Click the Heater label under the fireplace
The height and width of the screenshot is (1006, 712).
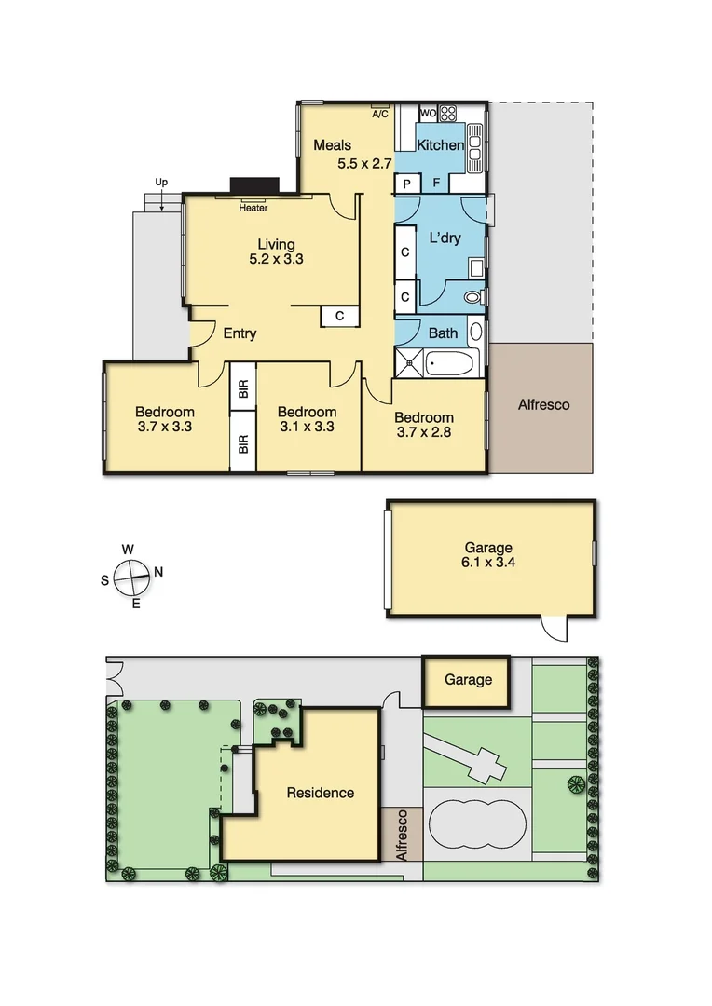(253, 208)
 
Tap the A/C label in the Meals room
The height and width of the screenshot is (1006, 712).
(379, 115)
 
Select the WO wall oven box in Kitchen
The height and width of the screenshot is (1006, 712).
(428, 114)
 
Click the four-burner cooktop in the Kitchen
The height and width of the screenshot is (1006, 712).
(448, 114)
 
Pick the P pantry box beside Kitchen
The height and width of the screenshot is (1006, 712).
(407, 184)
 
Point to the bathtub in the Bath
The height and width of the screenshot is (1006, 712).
(452, 362)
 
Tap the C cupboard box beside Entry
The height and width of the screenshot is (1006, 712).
(339, 317)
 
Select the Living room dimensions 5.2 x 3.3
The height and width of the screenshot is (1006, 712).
(276, 260)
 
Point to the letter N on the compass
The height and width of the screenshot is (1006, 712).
(158, 572)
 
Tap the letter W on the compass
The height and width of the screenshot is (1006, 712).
(129, 549)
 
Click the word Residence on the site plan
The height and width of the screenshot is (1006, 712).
(320, 793)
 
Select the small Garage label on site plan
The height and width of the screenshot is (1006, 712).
(468, 680)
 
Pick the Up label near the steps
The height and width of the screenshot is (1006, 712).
(161, 183)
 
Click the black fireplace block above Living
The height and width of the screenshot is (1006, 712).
(254, 185)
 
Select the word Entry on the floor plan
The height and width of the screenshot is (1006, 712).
(240, 333)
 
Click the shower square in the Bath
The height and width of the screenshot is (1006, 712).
(409, 362)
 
